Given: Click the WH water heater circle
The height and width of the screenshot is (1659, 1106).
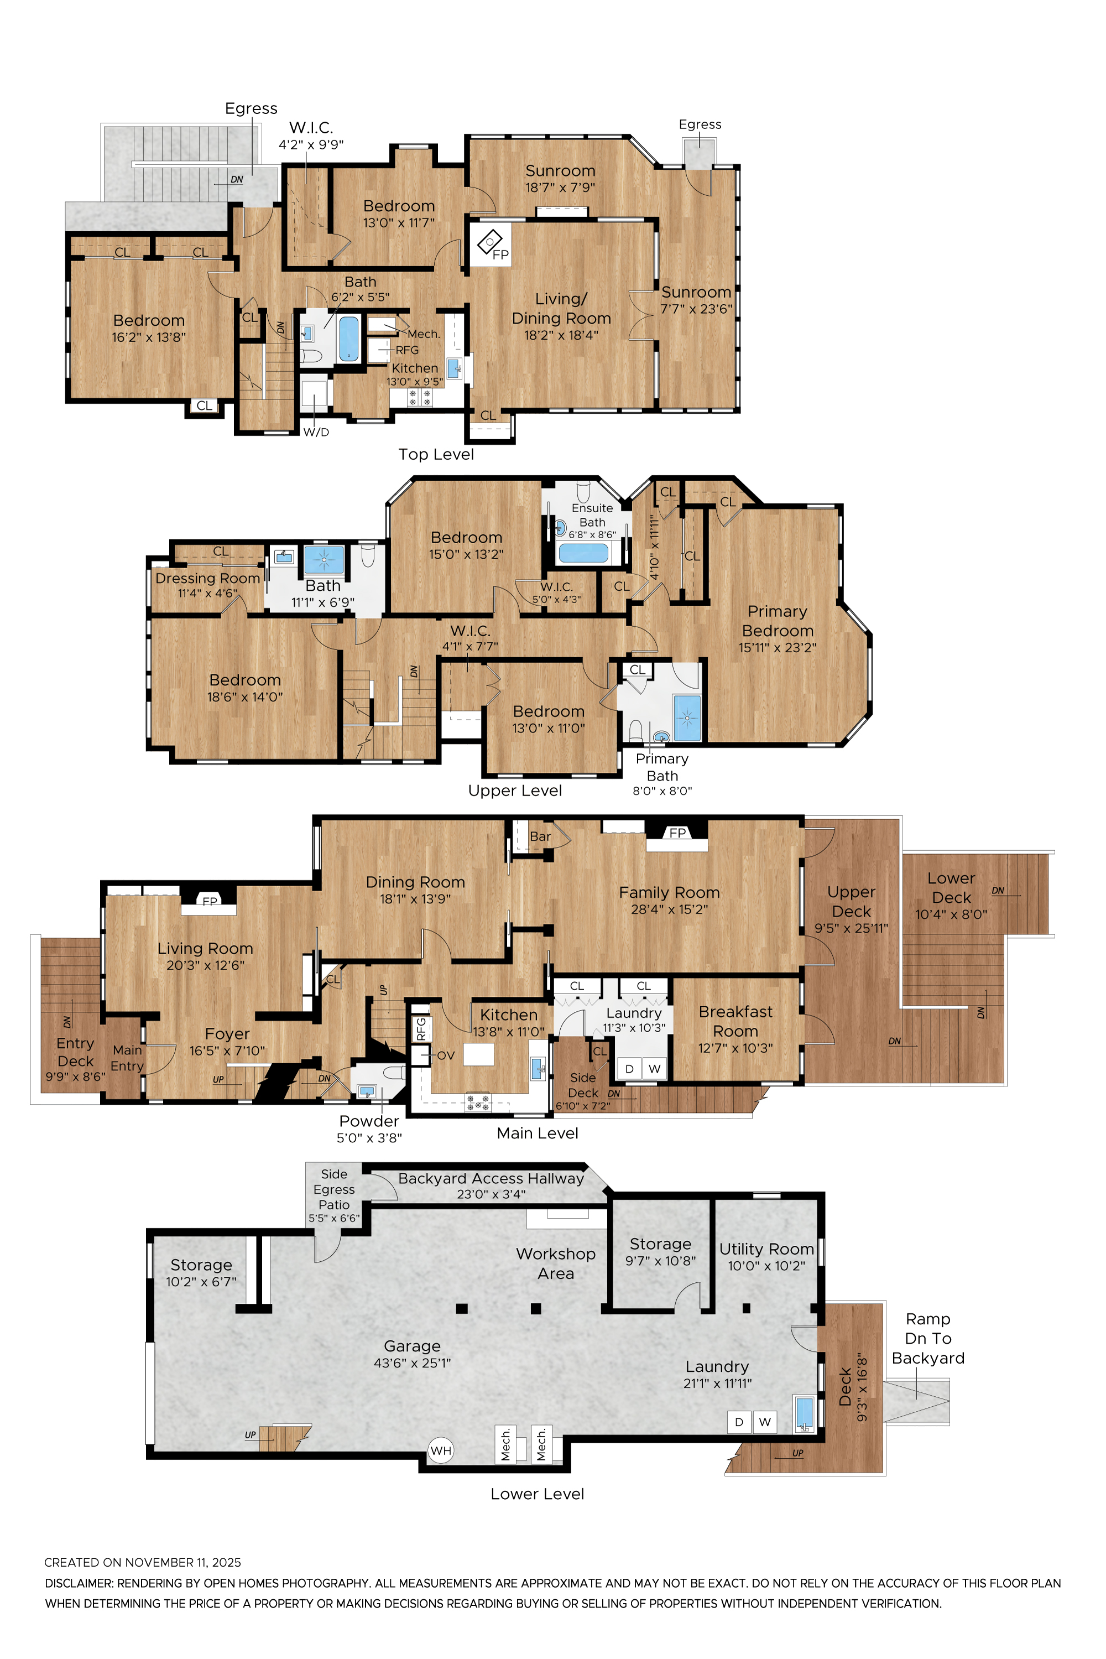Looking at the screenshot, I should pyautogui.click(x=440, y=1451).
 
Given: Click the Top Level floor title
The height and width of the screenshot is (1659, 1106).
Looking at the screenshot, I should pyautogui.click(x=435, y=455).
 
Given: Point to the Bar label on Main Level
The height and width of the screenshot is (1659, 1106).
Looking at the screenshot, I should pyautogui.click(x=540, y=836).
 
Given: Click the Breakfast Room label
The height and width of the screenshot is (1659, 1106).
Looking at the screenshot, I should pyautogui.click(x=735, y=1021).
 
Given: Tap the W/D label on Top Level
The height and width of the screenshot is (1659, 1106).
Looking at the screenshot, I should pyautogui.click(x=316, y=432).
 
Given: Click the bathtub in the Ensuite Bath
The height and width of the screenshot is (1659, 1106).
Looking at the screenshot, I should pyautogui.click(x=583, y=553).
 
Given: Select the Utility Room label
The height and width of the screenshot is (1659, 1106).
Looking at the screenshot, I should pyautogui.click(x=766, y=1249).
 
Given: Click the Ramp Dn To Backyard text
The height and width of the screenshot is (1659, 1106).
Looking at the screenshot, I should pyautogui.click(x=927, y=1338).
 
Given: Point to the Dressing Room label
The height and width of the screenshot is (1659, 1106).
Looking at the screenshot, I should pyautogui.click(x=207, y=578).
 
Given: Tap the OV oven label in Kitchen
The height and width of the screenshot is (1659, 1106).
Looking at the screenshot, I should pyautogui.click(x=446, y=1055).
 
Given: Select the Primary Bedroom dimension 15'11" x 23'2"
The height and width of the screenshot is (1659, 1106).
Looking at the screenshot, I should pyautogui.click(x=778, y=648).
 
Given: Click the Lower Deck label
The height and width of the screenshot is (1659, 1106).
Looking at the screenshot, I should pyautogui.click(x=951, y=888).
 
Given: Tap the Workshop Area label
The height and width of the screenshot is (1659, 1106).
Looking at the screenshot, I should pyautogui.click(x=555, y=1263).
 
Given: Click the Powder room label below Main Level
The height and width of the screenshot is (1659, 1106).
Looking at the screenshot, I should pyautogui.click(x=369, y=1121).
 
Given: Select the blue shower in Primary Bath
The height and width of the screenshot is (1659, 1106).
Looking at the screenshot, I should pyautogui.click(x=686, y=717).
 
